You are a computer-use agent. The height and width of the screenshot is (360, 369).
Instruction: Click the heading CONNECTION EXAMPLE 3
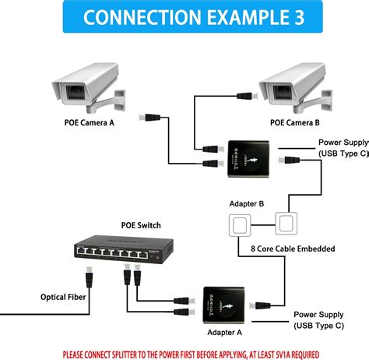184,17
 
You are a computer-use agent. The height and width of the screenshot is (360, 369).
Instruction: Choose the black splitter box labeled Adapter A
225,303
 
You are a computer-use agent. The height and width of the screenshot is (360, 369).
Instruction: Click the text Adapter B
248,204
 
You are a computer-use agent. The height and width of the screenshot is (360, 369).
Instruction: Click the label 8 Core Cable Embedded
291,249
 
